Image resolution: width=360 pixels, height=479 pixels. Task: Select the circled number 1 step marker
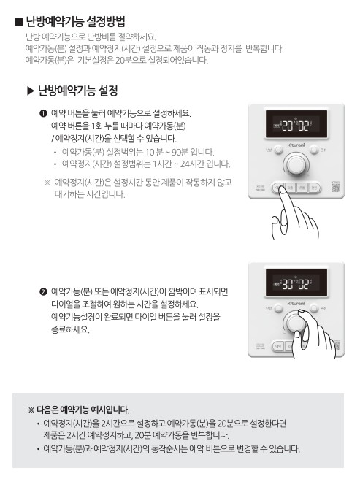coord(43,113)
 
